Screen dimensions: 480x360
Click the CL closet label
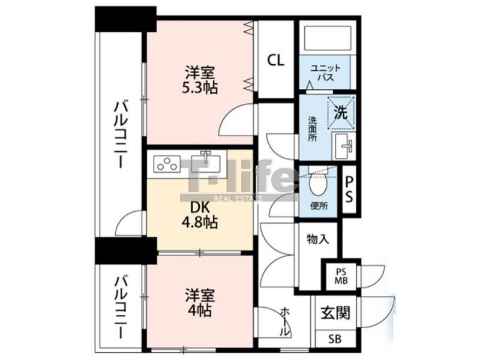point(276,61)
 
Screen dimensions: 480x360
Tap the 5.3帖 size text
point(200,88)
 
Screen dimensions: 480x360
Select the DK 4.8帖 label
point(200,215)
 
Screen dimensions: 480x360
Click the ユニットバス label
point(325,73)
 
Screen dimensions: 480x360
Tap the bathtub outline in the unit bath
point(327,38)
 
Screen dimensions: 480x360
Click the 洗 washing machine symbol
point(341,112)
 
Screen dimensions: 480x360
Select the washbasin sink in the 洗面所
point(344,146)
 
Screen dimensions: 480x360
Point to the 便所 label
point(319,206)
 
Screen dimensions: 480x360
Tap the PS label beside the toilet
point(349,190)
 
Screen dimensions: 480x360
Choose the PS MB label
point(341,277)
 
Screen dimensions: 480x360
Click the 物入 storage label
point(318,239)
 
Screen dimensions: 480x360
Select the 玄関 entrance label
point(335,313)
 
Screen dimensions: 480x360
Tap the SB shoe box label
point(335,339)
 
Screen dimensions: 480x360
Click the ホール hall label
point(285,322)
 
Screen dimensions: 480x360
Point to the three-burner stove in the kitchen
point(167,163)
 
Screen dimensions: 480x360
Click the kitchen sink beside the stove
point(205,161)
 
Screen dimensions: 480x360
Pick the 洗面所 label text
point(313,128)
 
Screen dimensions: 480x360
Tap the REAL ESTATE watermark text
point(238,199)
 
